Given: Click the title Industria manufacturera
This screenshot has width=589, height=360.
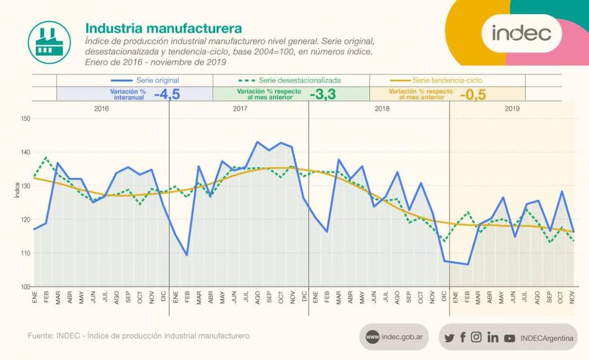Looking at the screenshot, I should (x=163, y=29).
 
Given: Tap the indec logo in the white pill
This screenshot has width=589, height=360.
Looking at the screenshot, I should (x=521, y=33).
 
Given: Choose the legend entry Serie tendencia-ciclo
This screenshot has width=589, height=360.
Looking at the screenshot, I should (x=447, y=81).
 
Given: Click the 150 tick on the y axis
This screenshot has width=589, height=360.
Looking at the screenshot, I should (x=25, y=118).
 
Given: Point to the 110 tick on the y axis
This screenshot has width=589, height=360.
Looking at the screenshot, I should (x=25, y=253).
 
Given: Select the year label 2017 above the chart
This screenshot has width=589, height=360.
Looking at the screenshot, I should (x=241, y=108).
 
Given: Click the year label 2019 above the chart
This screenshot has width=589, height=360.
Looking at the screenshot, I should (x=512, y=108).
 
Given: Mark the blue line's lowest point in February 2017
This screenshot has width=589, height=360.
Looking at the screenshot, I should (x=187, y=255).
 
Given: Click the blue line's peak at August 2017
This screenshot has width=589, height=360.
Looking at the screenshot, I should (x=257, y=142).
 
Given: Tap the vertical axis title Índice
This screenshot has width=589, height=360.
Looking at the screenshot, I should (x=17, y=191).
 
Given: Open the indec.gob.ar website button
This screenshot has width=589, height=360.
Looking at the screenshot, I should (x=393, y=337).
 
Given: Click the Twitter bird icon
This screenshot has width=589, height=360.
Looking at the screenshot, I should (x=449, y=338).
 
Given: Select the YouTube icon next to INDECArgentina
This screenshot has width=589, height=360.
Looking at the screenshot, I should (x=510, y=338).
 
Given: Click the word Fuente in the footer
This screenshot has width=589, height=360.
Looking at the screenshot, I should (x=40, y=335).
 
